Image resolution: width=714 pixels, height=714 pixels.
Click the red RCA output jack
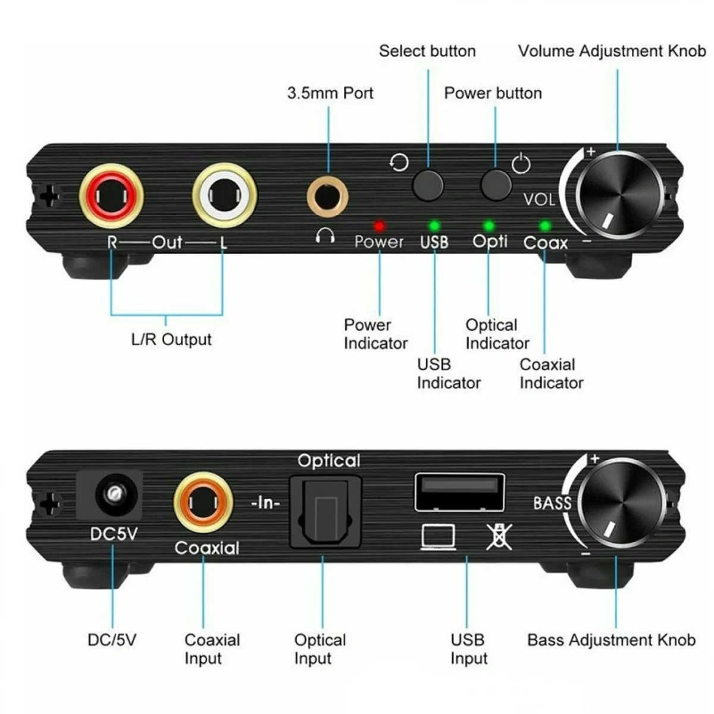[x=111, y=195]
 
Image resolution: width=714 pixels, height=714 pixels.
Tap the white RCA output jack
[x=224, y=195]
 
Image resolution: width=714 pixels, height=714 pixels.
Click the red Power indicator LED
[x=379, y=226]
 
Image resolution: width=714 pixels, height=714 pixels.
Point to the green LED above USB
[x=434, y=226]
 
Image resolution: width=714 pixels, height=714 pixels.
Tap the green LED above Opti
[x=489, y=226]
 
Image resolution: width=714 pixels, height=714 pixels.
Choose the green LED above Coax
[x=544, y=226]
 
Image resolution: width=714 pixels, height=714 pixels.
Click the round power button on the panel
[x=496, y=184]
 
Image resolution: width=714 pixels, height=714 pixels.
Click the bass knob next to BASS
[x=621, y=505]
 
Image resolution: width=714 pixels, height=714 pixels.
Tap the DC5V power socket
[x=111, y=494]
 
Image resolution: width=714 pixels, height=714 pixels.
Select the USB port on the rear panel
[x=459, y=491]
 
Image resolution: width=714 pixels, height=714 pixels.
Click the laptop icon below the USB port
[x=439, y=536]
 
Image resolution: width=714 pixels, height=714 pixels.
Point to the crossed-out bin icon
[x=499, y=536]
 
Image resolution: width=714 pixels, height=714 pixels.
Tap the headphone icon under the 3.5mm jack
[x=325, y=236]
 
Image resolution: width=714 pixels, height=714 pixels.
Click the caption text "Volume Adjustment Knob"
[x=612, y=51]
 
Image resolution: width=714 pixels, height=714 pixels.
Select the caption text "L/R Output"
[x=171, y=340]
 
